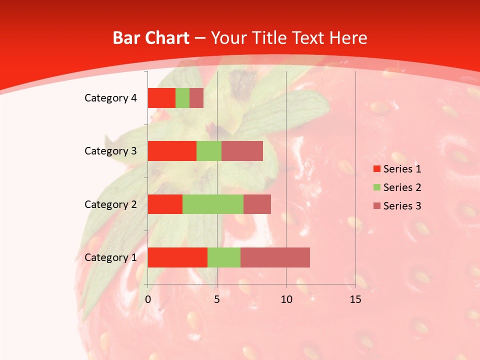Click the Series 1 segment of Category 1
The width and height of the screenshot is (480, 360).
[177, 257]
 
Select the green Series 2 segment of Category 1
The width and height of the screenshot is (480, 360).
[224, 257]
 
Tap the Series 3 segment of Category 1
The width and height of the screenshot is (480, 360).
[275, 257]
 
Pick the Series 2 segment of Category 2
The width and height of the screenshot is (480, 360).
[213, 204]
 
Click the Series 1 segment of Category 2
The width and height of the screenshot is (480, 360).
[165, 204]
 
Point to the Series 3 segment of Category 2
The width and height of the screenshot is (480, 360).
[257, 204]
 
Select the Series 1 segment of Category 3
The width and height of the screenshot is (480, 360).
[172, 151]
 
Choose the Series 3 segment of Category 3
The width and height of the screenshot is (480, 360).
[242, 151]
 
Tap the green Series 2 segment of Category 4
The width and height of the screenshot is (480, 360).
[182, 98]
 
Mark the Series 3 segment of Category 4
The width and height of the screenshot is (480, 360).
[196, 98]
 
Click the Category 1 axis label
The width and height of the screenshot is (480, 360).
[110, 257]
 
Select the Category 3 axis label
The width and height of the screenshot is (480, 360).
[110, 150]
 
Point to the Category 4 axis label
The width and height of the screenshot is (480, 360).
[110, 98]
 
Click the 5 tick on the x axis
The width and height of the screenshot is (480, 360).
[217, 299]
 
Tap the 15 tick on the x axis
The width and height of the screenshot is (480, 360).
[355, 299]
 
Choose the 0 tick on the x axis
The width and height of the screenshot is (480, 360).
[148, 299]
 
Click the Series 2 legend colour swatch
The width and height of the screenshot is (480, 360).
[377, 187]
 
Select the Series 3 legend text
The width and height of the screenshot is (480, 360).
[402, 206]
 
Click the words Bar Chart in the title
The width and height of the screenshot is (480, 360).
[151, 38]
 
